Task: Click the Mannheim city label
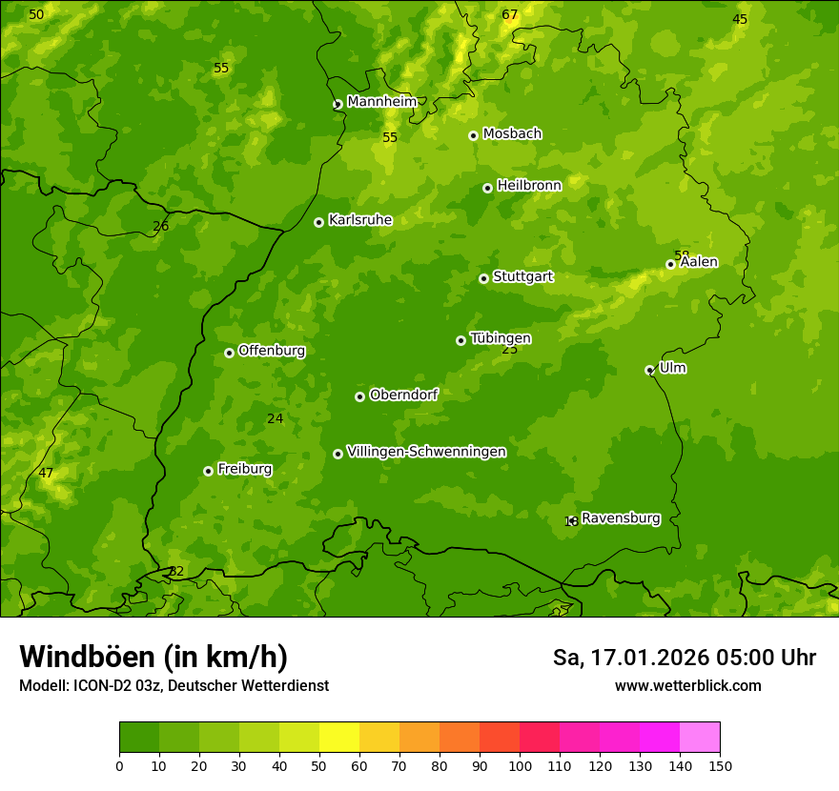point(381,101)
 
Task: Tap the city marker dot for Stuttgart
point(483,278)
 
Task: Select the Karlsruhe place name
point(359,220)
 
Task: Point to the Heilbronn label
point(529,185)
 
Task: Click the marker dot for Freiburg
point(208,471)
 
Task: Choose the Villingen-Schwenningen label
point(426,452)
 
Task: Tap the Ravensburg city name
point(621,518)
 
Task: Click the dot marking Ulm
point(649,370)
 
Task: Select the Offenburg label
point(272,351)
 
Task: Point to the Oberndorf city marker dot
point(359,396)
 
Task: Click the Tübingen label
point(501,338)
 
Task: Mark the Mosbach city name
point(512,133)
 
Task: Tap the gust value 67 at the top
point(510,15)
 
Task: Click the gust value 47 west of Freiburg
point(46,474)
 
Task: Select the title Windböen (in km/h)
point(153,657)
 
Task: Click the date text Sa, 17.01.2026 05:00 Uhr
point(684,658)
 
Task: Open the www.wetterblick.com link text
point(687,686)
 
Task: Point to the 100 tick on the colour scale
point(520,765)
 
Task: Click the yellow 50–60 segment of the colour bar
point(339,738)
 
